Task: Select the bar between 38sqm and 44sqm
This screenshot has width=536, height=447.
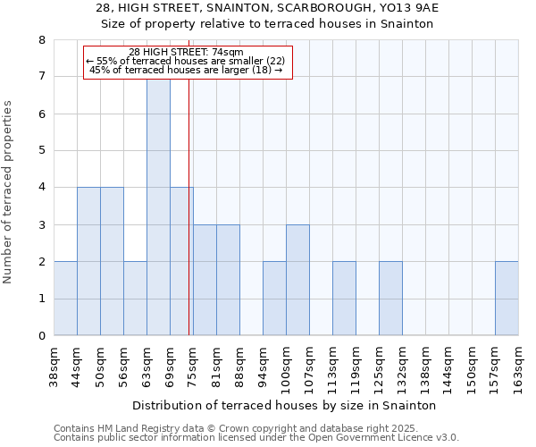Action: pos(65,299)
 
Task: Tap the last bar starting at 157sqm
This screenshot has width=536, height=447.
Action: pos(507,299)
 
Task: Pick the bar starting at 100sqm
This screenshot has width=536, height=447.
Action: pos(297,280)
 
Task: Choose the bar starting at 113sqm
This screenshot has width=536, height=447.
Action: pos(344,299)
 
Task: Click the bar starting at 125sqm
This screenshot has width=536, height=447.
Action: pos(390,299)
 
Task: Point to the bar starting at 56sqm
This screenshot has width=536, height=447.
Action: pos(135,299)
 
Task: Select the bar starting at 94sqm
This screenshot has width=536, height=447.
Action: pos(274,299)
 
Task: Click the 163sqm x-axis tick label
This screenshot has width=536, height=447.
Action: pos(519,365)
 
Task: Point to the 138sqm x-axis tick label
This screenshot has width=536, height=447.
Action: pos(426,365)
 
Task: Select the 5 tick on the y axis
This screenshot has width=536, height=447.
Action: pos(41,150)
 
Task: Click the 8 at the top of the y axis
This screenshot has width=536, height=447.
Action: pos(41,40)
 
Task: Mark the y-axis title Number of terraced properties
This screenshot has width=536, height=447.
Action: pos(9,192)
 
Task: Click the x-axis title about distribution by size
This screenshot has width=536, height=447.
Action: pos(285,405)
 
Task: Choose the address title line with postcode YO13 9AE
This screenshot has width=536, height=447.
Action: pos(267,8)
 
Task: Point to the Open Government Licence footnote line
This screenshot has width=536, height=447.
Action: pos(255,438)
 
